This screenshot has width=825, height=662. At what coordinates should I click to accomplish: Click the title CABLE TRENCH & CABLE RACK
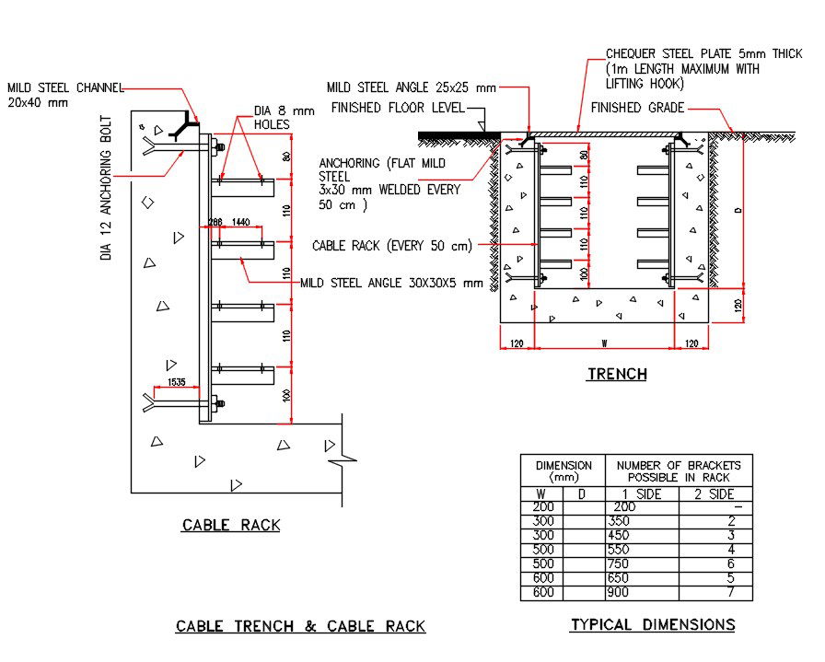[300, 627]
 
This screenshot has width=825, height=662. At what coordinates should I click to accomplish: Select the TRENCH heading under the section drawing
[617, 374]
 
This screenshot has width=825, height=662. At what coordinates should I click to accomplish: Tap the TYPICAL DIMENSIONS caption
[652, 625]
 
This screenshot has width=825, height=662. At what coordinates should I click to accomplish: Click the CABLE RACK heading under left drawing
[230, 526]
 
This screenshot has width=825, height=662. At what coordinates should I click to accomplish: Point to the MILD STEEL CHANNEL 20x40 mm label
[64, 95]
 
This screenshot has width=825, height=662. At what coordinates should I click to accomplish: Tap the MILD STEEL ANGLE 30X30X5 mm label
[391, 283]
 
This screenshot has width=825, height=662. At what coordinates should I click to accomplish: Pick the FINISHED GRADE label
[637, 108]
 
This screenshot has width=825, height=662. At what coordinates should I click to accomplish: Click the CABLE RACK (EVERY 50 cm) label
[391, 246]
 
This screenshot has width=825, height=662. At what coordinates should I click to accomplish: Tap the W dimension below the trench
[603, 343]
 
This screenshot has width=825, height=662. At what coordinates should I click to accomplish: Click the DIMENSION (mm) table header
[562, 471]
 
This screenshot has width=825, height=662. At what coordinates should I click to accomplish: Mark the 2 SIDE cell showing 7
[729, 594]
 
